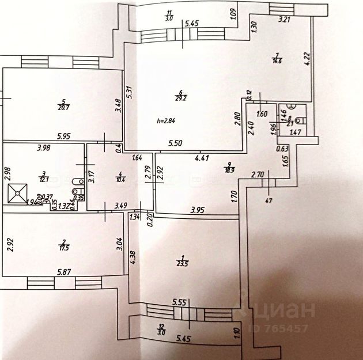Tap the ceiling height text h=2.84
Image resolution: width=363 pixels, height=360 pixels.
pos(166,121)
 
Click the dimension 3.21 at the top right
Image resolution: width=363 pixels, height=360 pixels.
pos(284,20)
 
